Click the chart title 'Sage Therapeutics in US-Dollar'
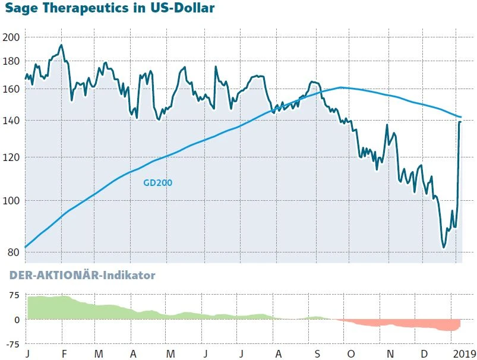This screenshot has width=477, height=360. pos(110,9)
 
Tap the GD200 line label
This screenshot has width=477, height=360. pos(158,183)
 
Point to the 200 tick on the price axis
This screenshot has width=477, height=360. pos(12,37)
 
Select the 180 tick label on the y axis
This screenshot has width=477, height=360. pos(12,61)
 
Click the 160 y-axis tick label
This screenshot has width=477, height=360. pos(12,89)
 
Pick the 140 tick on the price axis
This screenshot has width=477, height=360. pos(12,121)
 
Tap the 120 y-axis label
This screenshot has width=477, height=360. pos(12,157)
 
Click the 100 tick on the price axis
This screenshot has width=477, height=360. pos(12,201)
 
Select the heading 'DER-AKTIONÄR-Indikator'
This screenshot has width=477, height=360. pos(81,276)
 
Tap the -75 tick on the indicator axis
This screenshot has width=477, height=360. pos(12,344)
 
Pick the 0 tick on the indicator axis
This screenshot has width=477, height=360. pos(18,320)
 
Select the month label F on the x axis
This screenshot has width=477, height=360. pos(64,354)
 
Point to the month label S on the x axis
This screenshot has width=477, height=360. pos(317,354)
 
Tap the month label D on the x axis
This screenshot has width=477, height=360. pos(424,354)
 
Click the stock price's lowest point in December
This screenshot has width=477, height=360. pos(443,247)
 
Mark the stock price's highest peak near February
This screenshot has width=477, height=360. pos(61,45)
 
